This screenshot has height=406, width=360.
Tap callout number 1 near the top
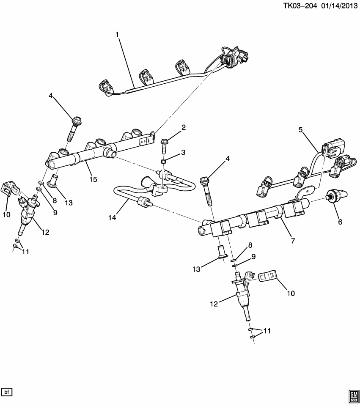coord(117,33)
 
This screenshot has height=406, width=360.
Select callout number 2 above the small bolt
coord(184,128)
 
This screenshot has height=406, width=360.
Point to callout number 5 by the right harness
coord(301,130)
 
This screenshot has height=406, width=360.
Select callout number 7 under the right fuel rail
coord(293,241)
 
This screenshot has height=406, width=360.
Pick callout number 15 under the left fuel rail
coord(93,179)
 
